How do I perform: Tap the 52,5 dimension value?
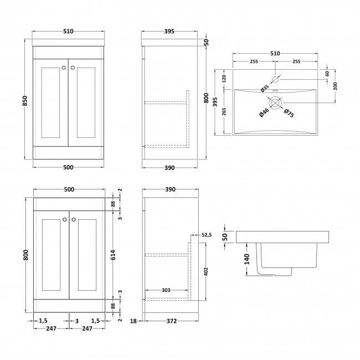coord(207,235)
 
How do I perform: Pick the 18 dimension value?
coord(133,321)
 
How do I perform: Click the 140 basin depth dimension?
coord(247,259)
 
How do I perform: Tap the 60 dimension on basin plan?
coord(327,74)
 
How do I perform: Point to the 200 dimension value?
coord(336,86)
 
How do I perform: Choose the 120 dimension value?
coord(224,79)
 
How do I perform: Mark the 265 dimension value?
coord(224,111)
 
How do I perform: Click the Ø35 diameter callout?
coord(264,88)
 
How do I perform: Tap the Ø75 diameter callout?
coord(289,114)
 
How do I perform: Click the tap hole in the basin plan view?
coord(275,79)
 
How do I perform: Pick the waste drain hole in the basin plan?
coord(275,102)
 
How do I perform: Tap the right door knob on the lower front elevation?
coord(73,220)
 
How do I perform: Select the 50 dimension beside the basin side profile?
coord(225,237)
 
